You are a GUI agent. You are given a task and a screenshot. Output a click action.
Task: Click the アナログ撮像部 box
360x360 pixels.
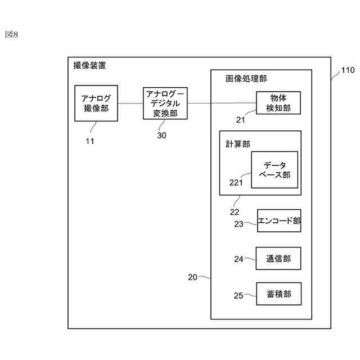click(96, 103)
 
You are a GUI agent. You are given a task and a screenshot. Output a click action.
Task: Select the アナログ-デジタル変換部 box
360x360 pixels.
click(165, 103)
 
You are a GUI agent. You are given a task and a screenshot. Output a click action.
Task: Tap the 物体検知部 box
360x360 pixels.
click(278, 103)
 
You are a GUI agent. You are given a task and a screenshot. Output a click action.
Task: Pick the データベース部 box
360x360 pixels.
click(274, 170)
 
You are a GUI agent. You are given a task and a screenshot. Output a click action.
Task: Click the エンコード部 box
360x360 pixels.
click(279, 221)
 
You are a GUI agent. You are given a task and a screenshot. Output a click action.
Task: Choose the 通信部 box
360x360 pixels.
click(278, 259)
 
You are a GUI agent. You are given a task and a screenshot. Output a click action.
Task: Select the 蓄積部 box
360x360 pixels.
click(278, 294)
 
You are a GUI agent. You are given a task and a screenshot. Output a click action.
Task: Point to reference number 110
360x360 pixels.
click(348, 71)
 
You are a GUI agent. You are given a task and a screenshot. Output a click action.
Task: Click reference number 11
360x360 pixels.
click(89, 141)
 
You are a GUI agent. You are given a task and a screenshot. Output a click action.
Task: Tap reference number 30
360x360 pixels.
click(161, 135)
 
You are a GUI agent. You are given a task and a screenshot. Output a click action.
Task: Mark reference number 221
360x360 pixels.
click(236, 182)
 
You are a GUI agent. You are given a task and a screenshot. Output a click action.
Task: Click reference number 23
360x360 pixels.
click(239, 224)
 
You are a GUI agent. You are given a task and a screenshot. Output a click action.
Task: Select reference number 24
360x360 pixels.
click(239, 259)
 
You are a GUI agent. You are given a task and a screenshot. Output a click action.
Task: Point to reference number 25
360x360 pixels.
click(238, 295)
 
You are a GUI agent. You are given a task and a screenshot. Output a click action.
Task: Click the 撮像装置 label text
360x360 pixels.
click(89, 65)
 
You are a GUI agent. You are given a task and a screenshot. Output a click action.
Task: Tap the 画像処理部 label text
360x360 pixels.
click(246, 79)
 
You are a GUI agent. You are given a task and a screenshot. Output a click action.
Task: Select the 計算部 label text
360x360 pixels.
click(237, 144)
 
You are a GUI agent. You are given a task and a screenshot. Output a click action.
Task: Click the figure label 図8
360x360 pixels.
click(12, 34)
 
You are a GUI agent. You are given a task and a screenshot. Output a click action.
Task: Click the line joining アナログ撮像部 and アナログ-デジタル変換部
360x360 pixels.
click(130, 103)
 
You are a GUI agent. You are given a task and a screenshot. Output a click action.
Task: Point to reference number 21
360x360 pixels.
click(241, 119)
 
